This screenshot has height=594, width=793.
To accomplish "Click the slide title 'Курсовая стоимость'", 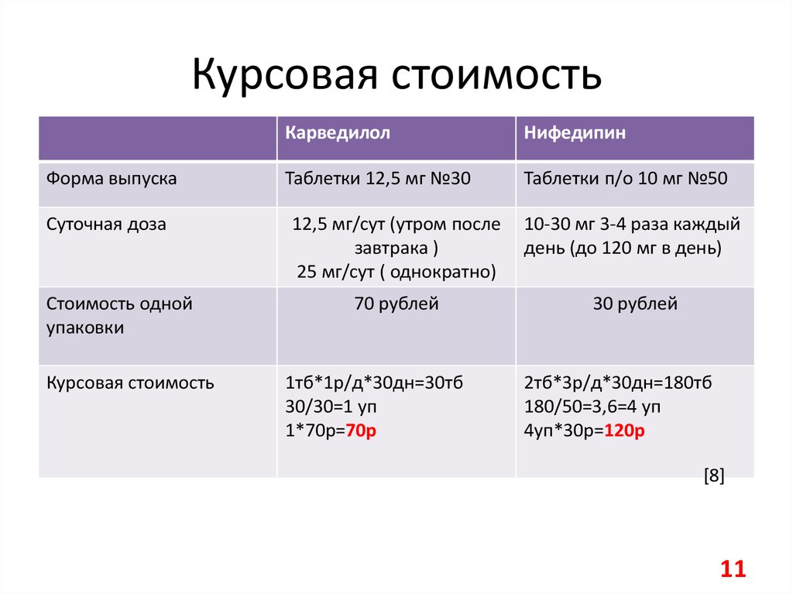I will tap(396, 76).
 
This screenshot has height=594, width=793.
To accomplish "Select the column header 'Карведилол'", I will tap(337, 132).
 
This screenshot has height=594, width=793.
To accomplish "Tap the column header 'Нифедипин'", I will tap(575, 132).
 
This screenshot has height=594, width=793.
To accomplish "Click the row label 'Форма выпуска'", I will tap(112, 179).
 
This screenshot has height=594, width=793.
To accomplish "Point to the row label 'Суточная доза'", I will tap(106, 225).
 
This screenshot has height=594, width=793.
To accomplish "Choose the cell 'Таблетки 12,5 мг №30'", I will tap(378, 179).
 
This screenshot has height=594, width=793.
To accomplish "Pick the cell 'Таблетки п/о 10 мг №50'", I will tap(626, 179).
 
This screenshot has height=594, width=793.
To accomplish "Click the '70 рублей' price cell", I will tap(396, 304).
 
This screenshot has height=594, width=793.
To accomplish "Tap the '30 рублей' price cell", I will tap(635, 304).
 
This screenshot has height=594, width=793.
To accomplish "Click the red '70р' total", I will tap(361, 431).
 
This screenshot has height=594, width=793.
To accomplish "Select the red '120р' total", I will tap(623, 431).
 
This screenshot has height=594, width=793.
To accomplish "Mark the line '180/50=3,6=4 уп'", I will tap(592, 407).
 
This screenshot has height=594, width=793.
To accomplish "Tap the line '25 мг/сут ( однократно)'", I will tap(396, 273).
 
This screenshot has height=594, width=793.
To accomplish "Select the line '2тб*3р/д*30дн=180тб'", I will tap(618, 383).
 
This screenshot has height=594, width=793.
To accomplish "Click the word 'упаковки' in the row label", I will tap(84, 328).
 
